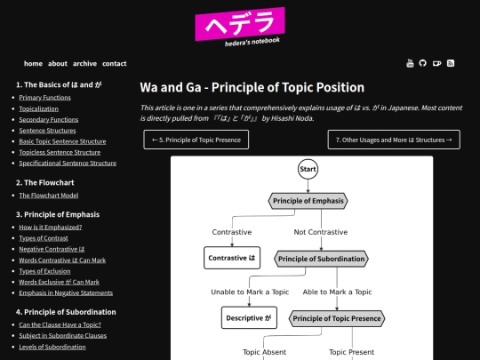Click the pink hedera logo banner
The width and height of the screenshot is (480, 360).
coord(240,25)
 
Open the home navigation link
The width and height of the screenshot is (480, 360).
coord(33,64)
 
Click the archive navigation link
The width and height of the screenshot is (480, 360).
coord(85,64)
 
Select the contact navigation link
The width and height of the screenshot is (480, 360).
coord(114,64)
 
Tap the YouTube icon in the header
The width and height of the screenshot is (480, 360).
coord(410,63)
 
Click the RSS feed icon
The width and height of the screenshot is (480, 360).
coord(451,63)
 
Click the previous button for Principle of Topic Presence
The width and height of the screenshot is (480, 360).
coord(196,140)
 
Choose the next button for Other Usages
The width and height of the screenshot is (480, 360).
coord(394,140)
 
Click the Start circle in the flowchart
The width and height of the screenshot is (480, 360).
coord(308,169)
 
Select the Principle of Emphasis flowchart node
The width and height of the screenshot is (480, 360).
coord(308,201)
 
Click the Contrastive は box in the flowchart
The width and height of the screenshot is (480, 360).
coord(231,259)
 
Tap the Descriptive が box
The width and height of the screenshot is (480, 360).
coord(249,317)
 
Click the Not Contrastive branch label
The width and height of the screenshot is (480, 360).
coord(321,232)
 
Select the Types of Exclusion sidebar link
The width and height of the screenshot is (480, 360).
coord(49,271)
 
